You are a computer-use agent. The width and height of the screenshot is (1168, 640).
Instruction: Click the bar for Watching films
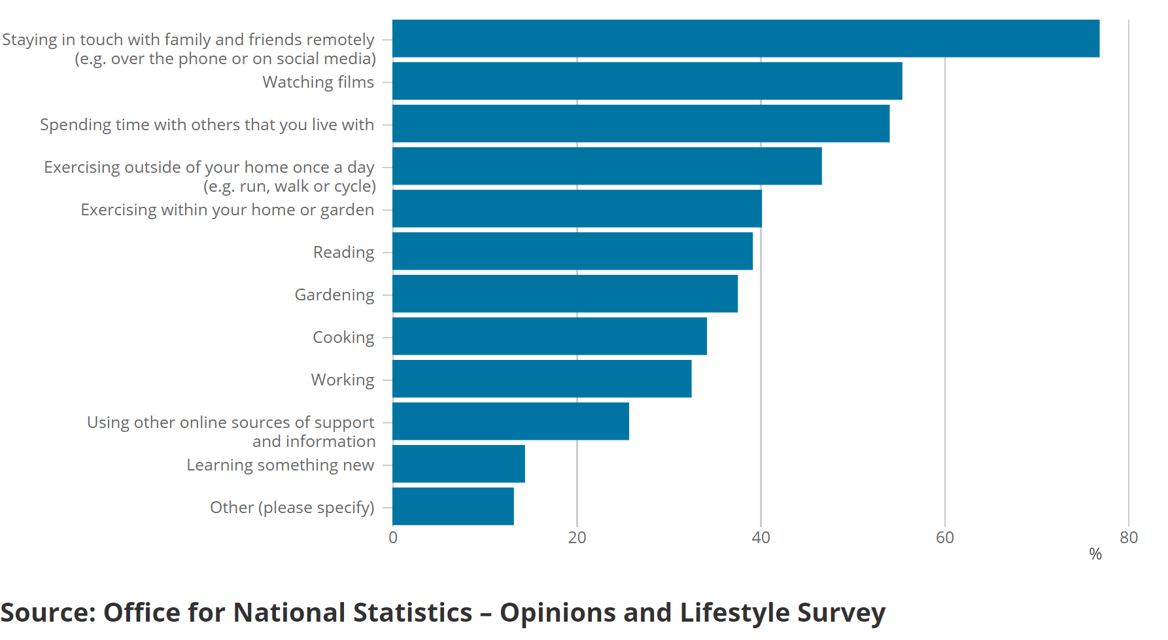point(647,81)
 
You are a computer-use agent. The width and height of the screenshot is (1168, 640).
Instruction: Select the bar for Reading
point(572,251)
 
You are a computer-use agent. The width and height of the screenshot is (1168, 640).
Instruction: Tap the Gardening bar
point(565,294)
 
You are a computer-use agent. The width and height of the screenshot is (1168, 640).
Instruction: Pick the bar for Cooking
point(549,336)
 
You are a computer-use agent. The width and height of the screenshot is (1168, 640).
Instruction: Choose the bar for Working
point(541,379)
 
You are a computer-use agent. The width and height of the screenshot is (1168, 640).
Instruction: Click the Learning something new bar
point(458,464)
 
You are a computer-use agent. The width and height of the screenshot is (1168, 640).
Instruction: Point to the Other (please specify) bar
point(453,507)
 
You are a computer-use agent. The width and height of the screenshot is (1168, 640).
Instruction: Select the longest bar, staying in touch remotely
point(746,39)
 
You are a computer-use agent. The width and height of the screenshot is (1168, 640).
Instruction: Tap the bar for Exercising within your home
point(577,209)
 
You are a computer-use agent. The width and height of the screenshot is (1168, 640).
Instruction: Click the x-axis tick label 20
point(577,538)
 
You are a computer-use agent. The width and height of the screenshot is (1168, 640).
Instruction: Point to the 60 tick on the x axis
point(945,538)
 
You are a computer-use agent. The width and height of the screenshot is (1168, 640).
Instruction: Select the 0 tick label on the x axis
point(393,538)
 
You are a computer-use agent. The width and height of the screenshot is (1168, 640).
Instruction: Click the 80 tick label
point(1129,538)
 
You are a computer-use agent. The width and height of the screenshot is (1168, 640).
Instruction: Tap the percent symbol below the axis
point(1095,554)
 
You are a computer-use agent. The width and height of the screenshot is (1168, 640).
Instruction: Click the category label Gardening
point(334,294)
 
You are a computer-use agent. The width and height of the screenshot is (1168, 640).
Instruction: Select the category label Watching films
point(318,82)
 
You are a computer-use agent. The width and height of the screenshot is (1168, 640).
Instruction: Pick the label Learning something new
point(280,465)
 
